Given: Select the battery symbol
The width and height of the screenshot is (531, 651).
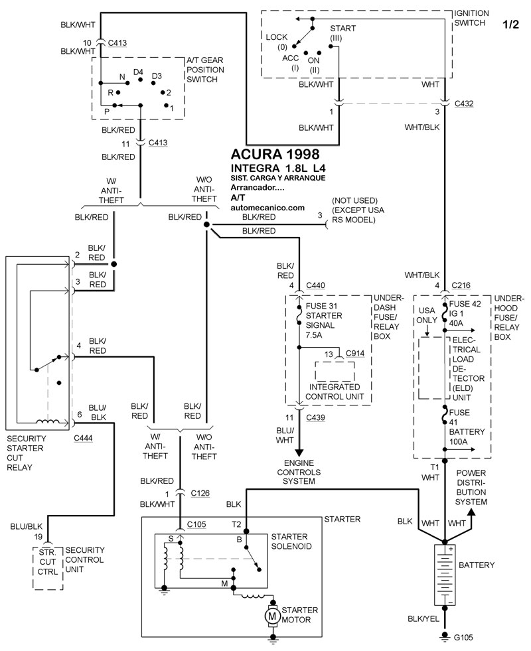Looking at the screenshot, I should tap(443, 574).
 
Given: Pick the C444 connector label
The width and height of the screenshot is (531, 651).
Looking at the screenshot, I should tap(84, 439).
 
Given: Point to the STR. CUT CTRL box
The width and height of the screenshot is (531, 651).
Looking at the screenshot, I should tap(48, 567).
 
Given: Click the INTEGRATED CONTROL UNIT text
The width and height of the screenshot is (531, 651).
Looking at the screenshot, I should tap(329, 392).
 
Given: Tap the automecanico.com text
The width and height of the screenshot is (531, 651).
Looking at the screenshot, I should tap(267, 208).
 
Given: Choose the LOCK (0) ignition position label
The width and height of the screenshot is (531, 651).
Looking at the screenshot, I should tap(277, 42).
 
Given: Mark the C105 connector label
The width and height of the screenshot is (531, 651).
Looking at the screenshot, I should tap(196, 524).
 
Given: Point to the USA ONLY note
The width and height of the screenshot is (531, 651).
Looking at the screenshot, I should tap(425, 315).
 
